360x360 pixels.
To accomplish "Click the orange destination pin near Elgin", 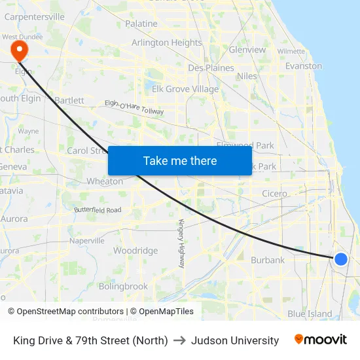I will pyautogui.click(x=20, y=49).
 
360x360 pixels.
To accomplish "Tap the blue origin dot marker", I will pyautogui.click(x=340, y=259).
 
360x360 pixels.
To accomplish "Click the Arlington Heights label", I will pyautogui.click(x=167, y=43).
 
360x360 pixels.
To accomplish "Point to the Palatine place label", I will pyautogui.click(x=141, y=24).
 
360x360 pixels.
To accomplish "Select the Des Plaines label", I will pyautogui.click(x=211, y=67).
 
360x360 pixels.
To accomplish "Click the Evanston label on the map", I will pyautogui.click(x=304, y=66).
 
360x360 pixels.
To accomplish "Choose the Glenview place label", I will pyautogui.click(x=247, y=50).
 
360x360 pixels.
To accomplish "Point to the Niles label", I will pyautogui.click(x=247, y=76).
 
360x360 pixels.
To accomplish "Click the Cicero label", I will pyautogui.click(x=274, y=194).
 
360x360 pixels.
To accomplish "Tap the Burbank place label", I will pyautogui.click(x=268, y=260).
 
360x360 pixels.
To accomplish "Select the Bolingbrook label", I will pyautogui.click(x=123, y=286).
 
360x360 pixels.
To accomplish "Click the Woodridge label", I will pyautogui.click(x=135, y=251).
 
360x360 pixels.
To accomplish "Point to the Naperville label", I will pyautogui.click(x=87, y=241).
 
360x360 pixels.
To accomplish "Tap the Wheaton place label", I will pyautogui.click(x=105, y=181).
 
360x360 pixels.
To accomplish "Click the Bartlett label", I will pyautogui.click(x=69, y=100).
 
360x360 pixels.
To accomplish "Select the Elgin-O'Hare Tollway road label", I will pyautogui.click(x=134, y=109).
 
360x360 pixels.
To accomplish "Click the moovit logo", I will pyautogui.click(x=321, y=340).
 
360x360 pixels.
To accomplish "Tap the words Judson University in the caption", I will pyautogui.click(x=235, y=340).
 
